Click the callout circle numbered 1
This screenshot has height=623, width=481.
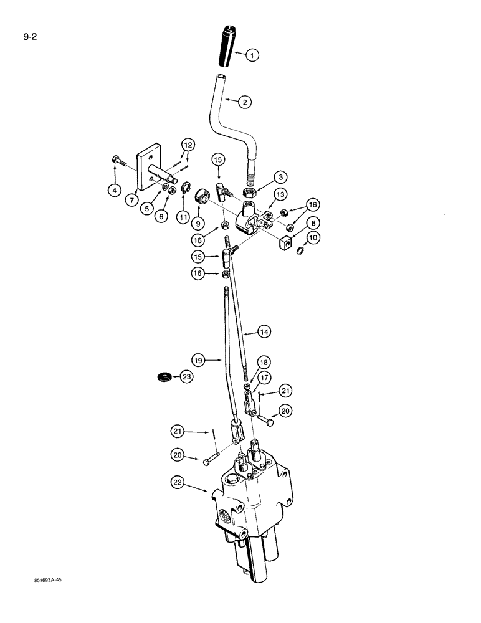[x=252, y=55]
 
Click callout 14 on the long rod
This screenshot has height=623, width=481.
[x=264, y=333]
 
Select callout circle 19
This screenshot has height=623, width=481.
[x=199, y=359]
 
